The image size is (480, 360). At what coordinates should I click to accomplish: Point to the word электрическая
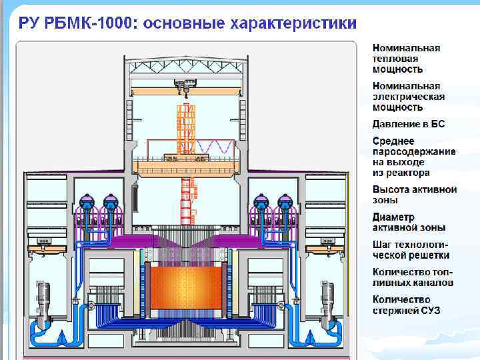(x=408, y=96)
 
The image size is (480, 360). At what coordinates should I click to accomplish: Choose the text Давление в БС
(x=408, y=124)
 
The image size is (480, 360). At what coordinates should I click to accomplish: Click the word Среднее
(x=393, y=141)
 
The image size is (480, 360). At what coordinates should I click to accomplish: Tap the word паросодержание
(x=414, y=151)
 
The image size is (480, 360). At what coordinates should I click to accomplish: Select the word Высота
(x=391, y=189)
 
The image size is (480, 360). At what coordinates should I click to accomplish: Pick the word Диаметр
(x=393, y=217)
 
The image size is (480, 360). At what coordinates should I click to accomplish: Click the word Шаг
(x=382, y=245)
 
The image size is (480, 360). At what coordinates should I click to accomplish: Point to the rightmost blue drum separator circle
(x=285, y=201)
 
